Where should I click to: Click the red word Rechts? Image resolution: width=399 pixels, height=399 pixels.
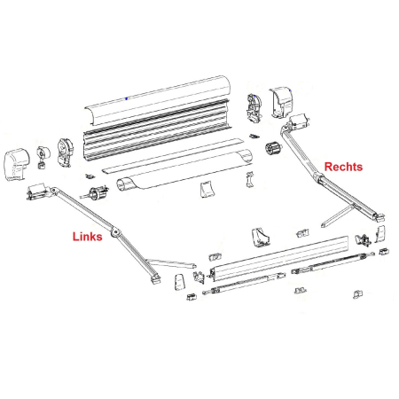click(x=343, y=167)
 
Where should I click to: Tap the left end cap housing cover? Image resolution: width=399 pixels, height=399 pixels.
click(x=21, y=162)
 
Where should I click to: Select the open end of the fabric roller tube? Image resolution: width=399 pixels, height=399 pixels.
click(x=124, y=187)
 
